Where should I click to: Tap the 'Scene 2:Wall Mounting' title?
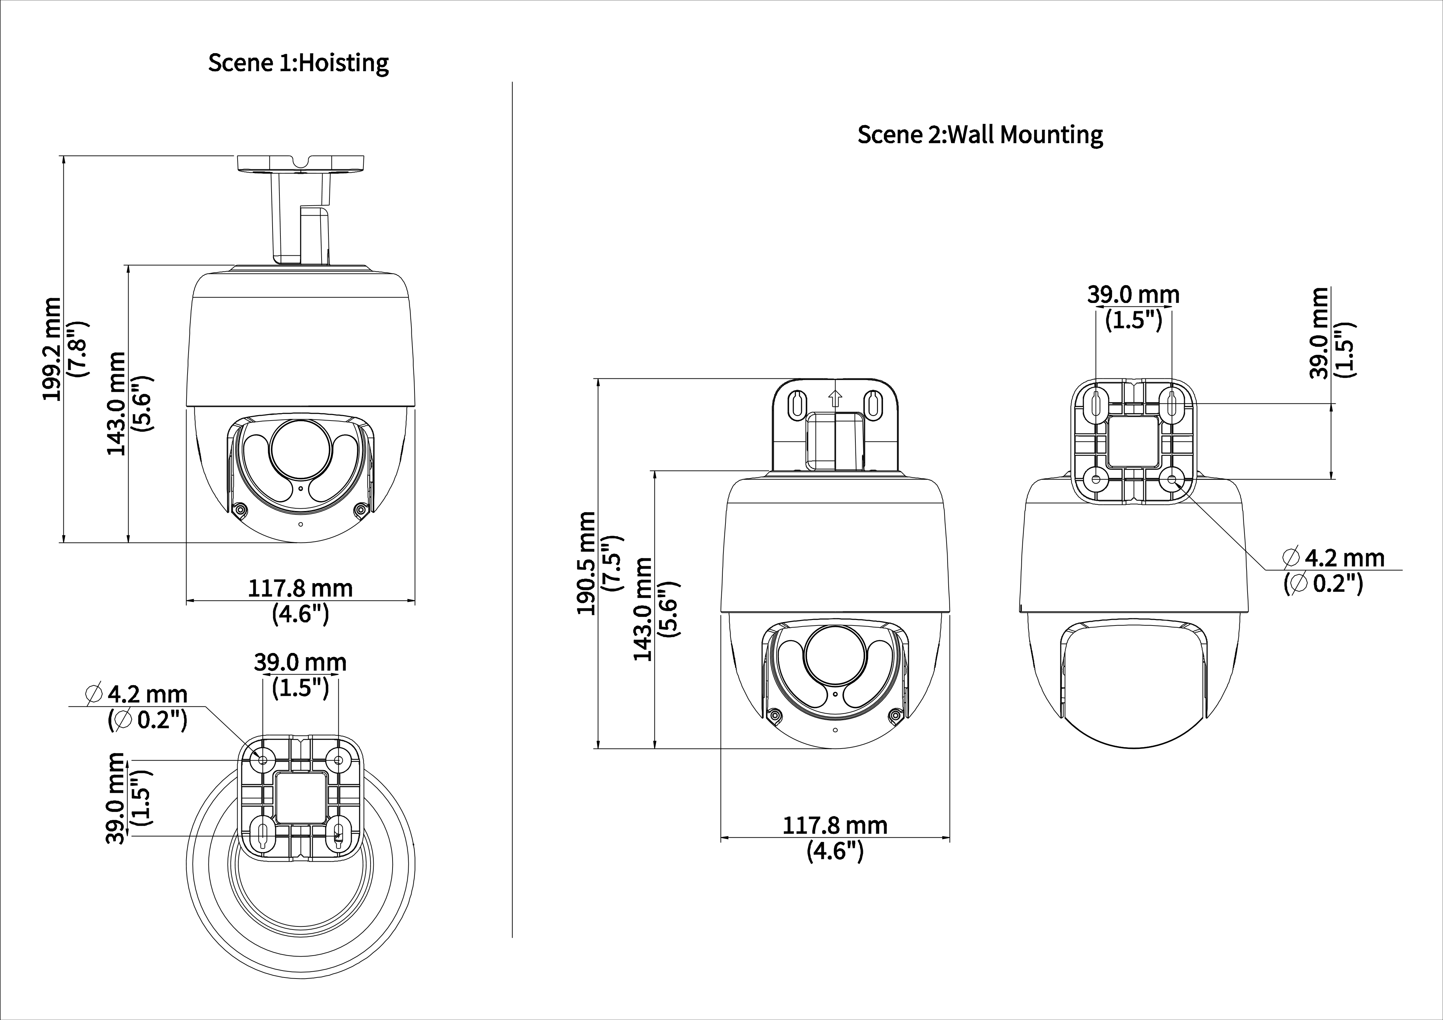[980, 134]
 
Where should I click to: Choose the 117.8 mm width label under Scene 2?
[834, 825]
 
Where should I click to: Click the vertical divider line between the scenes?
[513, 503]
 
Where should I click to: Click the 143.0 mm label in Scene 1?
[117, 402]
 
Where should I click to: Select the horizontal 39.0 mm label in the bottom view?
[300, 663]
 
